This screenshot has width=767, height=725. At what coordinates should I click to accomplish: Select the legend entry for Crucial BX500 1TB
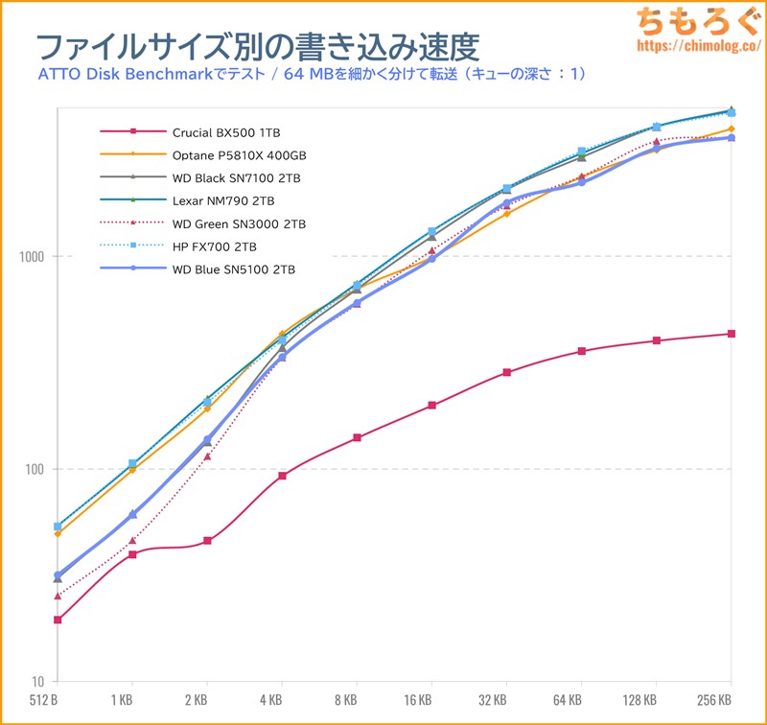coord(226,131)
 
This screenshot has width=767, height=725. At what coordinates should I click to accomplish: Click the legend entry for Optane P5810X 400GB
coord(239,154)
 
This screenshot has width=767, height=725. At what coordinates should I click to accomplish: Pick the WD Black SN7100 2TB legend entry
coord(236,177)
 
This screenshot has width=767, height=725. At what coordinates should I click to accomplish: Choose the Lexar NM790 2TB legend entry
coord(223,200)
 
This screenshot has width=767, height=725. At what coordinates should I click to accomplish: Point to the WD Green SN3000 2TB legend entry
coord(239,223)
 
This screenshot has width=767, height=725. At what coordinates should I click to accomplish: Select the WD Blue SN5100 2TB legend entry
coord(233,269)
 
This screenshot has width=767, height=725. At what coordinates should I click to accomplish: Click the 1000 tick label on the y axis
coord(34,257)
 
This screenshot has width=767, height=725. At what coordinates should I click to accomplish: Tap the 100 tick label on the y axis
coord(36,470)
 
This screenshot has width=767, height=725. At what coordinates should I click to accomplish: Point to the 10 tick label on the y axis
coord(39,682)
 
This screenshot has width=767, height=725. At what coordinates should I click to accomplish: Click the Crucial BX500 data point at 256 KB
coord(732,334)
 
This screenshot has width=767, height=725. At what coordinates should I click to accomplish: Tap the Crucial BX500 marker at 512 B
coord(58,620)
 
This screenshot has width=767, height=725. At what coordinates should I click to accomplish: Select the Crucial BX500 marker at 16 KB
coord(431,405)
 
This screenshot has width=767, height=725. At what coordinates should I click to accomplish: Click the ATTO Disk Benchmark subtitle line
coord(312,74)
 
